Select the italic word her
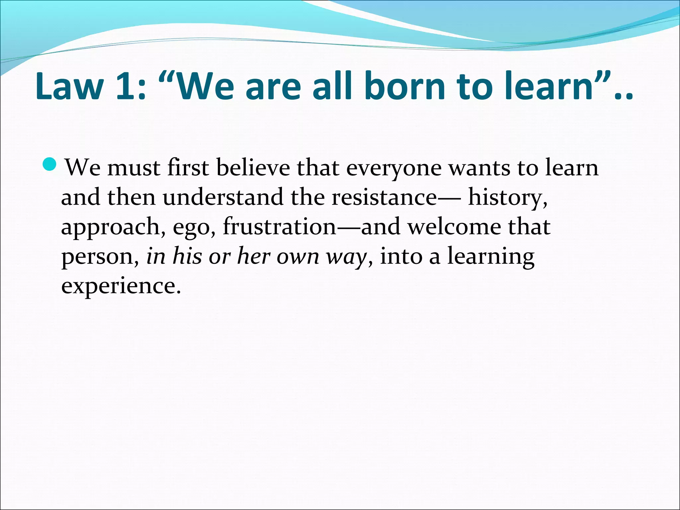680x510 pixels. [254, 256]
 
